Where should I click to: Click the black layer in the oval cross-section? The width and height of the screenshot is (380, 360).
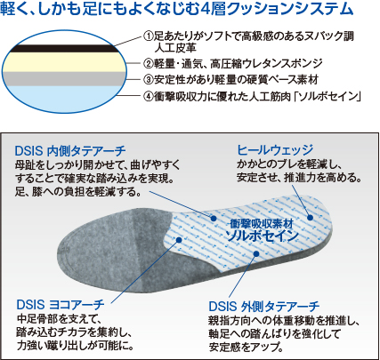64,49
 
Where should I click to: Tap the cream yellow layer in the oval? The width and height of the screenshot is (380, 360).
64,62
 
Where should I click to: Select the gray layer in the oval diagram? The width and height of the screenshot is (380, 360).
64,79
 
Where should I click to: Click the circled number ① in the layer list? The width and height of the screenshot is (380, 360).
148,36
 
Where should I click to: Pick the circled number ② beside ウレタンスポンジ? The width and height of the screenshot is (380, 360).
148,63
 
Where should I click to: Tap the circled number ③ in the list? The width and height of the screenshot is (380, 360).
148,79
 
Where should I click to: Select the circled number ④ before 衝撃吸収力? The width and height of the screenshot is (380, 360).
148,96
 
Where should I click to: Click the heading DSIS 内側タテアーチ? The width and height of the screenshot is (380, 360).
70,151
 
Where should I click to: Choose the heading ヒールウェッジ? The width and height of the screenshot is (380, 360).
275,150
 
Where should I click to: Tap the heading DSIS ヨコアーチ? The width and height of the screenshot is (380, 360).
61,304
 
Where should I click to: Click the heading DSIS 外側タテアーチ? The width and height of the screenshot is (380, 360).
264,307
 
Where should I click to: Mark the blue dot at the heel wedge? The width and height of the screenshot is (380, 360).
310,218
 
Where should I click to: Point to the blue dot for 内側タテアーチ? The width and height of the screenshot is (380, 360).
214,219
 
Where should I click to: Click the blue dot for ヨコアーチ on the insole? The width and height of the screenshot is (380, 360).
178,240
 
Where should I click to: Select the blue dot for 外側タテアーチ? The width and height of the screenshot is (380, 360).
256,253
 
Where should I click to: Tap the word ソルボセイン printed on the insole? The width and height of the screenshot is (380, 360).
263,236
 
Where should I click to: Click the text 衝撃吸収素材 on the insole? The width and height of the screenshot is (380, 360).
262,224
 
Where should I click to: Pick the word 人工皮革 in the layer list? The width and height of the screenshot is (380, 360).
175,48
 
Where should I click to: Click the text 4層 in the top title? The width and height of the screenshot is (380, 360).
210,9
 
